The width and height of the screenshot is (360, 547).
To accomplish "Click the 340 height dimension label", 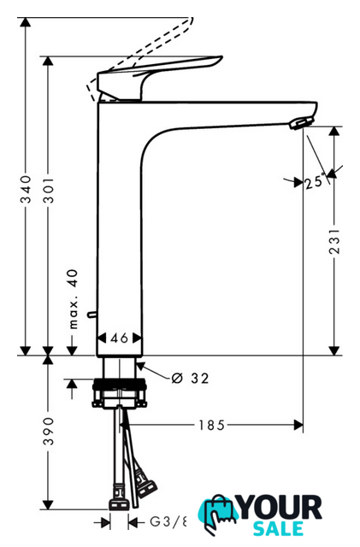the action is pos(26,189).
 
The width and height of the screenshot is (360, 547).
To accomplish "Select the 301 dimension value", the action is pos(50,190).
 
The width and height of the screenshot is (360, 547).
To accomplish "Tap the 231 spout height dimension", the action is pos(334,241).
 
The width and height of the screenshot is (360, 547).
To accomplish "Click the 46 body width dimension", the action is pos(119,338).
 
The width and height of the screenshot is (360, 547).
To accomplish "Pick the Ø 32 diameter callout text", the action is pos(190,378).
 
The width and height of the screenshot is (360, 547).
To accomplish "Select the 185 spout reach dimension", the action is pos(211,425).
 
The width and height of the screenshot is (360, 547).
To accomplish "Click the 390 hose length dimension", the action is pos(49,431).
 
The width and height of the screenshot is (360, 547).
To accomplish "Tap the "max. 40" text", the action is pos(74,299).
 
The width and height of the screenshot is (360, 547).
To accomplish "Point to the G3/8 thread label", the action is pos(168,522).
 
